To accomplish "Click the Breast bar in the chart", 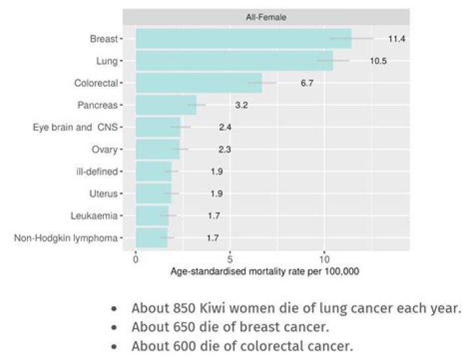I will (x=243, y=39).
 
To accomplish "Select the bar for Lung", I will (x=234, y=61).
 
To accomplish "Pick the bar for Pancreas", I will (x=166, y=105).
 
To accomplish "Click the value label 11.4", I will (x=397, y=39).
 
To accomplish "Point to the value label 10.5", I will (x=378, y=61).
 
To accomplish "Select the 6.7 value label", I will (x=307, y=83).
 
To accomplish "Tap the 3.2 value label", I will (x=241, y=105).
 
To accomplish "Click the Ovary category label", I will (x=104, y=149).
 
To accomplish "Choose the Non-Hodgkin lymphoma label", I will (x=66, y=238).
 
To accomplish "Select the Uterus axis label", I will (x=103, y=194).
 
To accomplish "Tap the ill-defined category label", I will (x=97, y=171).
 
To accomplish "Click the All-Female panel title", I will (x=272, y=16).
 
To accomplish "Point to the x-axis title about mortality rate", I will (x=265, y=271).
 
